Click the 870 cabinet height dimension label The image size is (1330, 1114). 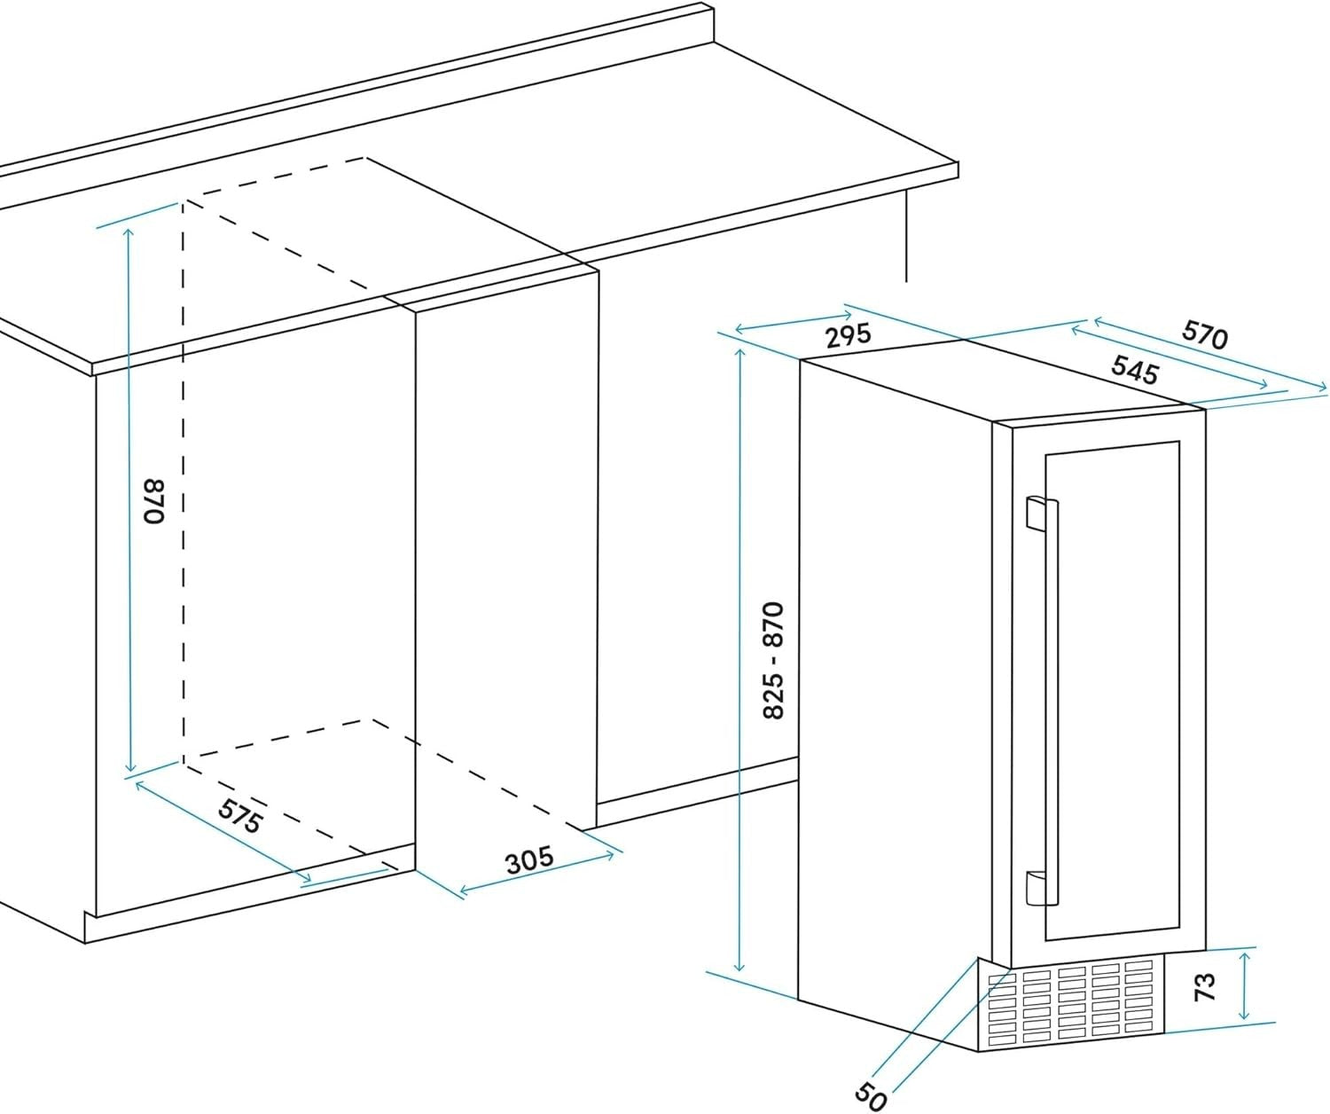tap(155, 501)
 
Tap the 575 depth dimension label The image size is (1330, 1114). tap(239, 816)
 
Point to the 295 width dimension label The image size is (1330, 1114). tap(848, 335)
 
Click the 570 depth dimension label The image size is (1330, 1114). tap(1204, 334)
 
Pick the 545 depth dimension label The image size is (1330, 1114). tap(1134, 370)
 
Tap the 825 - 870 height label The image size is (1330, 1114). tap(773, 660)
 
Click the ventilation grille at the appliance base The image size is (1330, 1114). tap(1070, 1007)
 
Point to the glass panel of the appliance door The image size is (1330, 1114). tap(1112, 691)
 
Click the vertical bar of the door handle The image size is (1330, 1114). tap(1052, 700)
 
